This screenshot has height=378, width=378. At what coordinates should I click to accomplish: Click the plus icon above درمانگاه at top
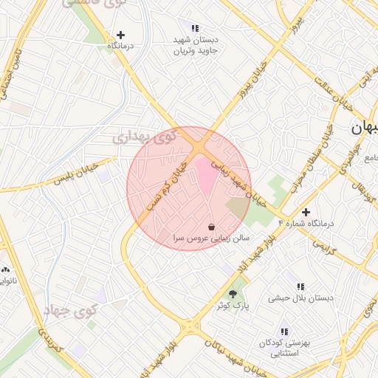tap(121, 35)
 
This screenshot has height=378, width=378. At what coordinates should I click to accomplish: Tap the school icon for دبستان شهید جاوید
tap(195, 28)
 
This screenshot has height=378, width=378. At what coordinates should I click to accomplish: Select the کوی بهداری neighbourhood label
tap(145, 137)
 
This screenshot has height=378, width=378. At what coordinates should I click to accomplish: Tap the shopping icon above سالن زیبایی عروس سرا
tap(212, 227)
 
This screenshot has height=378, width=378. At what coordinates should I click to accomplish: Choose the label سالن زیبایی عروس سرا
tap(213, 239)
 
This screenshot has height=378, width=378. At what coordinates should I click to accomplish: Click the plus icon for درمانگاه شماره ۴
tap(306, 212)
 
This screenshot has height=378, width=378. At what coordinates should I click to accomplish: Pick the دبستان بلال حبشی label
tap(300, 298)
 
